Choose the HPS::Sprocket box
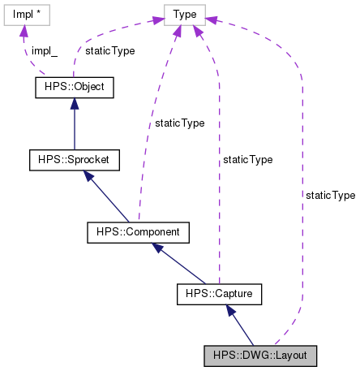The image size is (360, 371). (x=74, y=160)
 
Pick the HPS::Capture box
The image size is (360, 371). (x=218, y=292)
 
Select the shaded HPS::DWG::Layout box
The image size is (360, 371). (x=260, y=356)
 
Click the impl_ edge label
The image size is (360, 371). (x=45, y=50)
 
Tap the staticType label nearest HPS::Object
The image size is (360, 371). (x=109, y=50)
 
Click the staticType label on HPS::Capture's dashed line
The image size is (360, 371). (x=247, y=160)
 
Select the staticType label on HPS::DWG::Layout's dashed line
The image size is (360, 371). (x=330, y=196)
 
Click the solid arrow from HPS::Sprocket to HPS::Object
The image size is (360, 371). (x=74, y=122)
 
